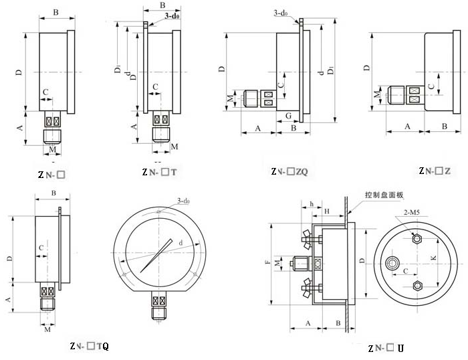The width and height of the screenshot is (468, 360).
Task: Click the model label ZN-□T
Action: (159, 173)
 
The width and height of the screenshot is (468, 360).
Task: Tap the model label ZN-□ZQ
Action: (289, 172)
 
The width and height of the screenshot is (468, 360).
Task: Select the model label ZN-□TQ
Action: (88, 346)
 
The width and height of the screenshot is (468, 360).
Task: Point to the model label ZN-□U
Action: (386, 348)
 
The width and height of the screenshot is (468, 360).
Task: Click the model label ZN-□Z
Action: (434, 172)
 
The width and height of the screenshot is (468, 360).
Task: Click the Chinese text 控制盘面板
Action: (384, 195)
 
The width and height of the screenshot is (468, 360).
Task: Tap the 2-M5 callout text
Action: (413, 212)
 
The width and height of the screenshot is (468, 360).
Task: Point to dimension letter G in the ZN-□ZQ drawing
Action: (287, 116)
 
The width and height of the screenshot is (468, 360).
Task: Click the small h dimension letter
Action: (312, 203)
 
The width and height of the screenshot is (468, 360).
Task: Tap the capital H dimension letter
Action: (326, 211)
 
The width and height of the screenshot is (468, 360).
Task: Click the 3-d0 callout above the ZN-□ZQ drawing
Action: (281, 13)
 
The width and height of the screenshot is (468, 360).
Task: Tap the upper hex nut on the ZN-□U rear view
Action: (417, 239)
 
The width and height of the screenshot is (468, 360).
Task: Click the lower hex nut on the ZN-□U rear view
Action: (417, 286)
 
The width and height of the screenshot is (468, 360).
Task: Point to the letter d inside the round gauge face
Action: (181, 242)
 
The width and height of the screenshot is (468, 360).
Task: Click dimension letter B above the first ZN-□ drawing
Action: (56, 12)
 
